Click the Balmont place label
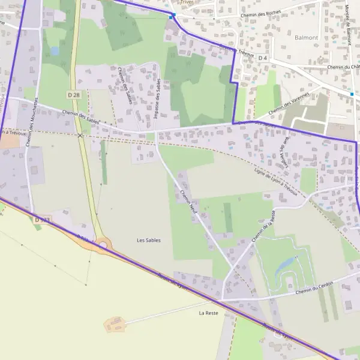[306, 37]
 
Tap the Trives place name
[188, 2]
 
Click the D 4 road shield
[262, 58]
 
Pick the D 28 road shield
[74, 94]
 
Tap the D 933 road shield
[42, 220]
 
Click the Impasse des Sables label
[157, 101]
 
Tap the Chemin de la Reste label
[264, 226]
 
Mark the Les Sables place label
[149, 240]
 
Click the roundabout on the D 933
[103, 245]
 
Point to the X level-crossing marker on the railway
[80, 136]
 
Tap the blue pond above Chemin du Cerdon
[286, 265]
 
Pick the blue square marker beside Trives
[172, 16]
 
